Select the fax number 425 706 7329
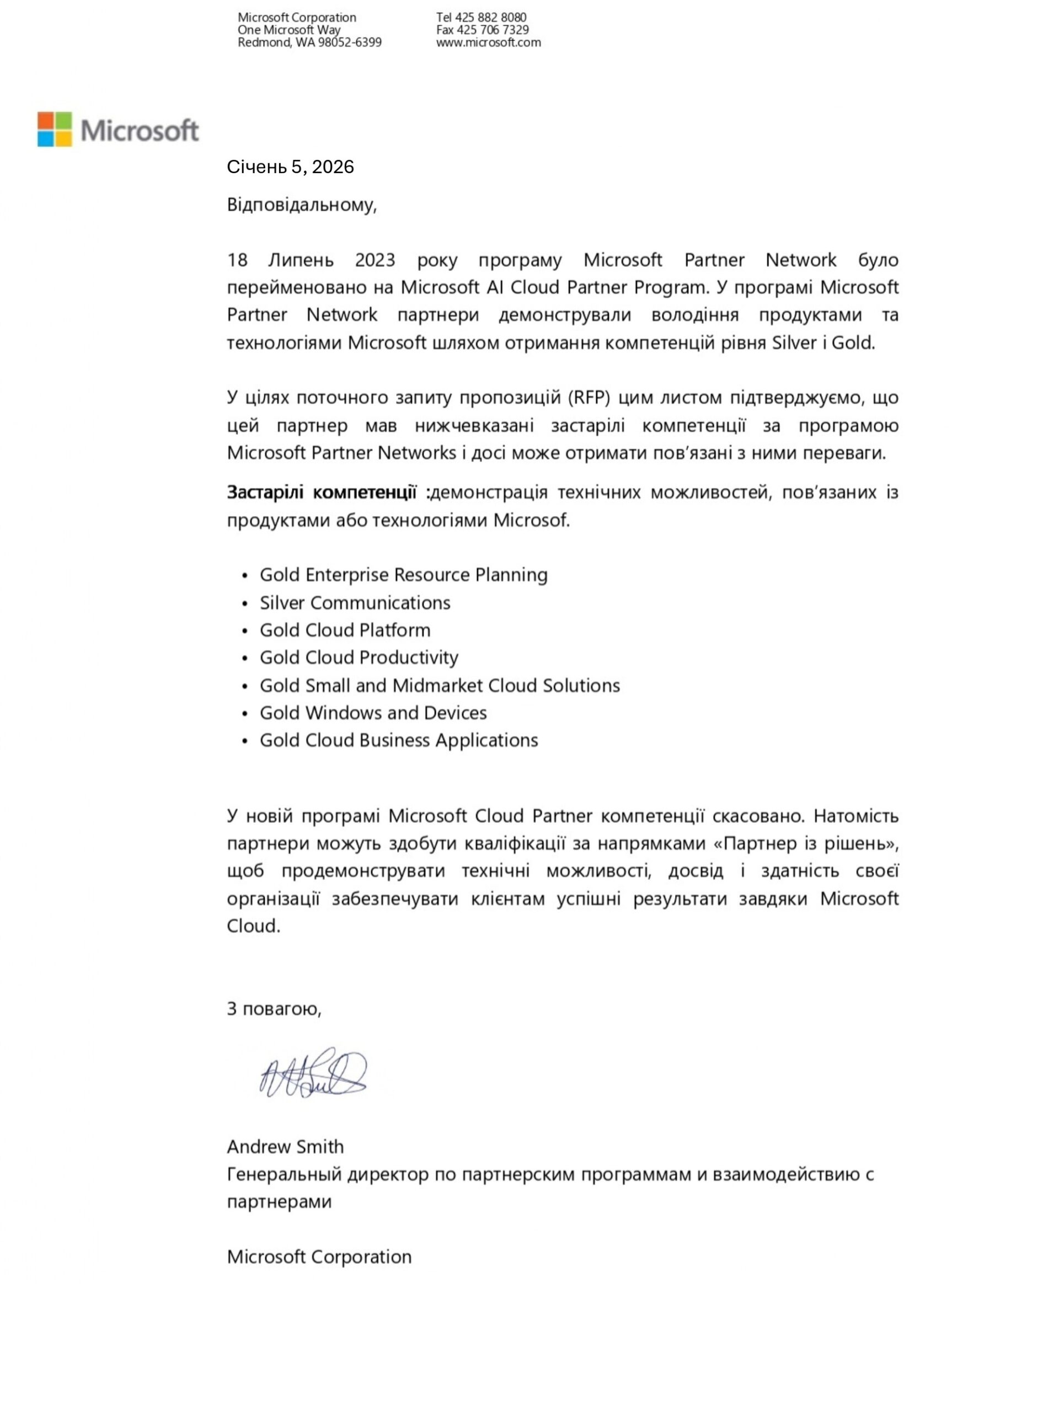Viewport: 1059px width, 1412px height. pos(492,30)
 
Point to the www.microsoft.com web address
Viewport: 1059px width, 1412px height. pos(488,43)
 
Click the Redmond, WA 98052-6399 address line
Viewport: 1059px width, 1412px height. pos(309,43)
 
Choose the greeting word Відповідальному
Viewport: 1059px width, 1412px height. pos(301,205)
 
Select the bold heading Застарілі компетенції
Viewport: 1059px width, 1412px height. pos(322,493)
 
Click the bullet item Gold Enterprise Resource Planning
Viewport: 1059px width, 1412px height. pos(403,575)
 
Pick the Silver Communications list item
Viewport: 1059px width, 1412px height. pos(355,603)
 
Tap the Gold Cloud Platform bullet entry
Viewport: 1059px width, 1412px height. pos(345,630)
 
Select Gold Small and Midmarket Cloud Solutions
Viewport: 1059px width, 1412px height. pos(440,686)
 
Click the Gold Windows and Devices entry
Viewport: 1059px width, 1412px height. pos(373,713)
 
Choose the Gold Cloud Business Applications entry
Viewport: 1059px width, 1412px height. pos(399,740)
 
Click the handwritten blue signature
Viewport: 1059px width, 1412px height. pos(313,1074)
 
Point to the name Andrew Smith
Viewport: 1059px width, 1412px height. pos(285,1147)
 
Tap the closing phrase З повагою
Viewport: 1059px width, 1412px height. pos(274,1009)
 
